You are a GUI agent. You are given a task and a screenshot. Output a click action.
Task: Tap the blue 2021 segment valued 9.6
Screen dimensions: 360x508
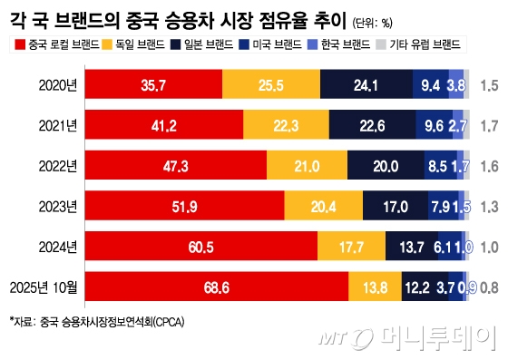pos(432,125)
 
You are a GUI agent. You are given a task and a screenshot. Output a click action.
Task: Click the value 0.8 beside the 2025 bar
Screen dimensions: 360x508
pos(487,287)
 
